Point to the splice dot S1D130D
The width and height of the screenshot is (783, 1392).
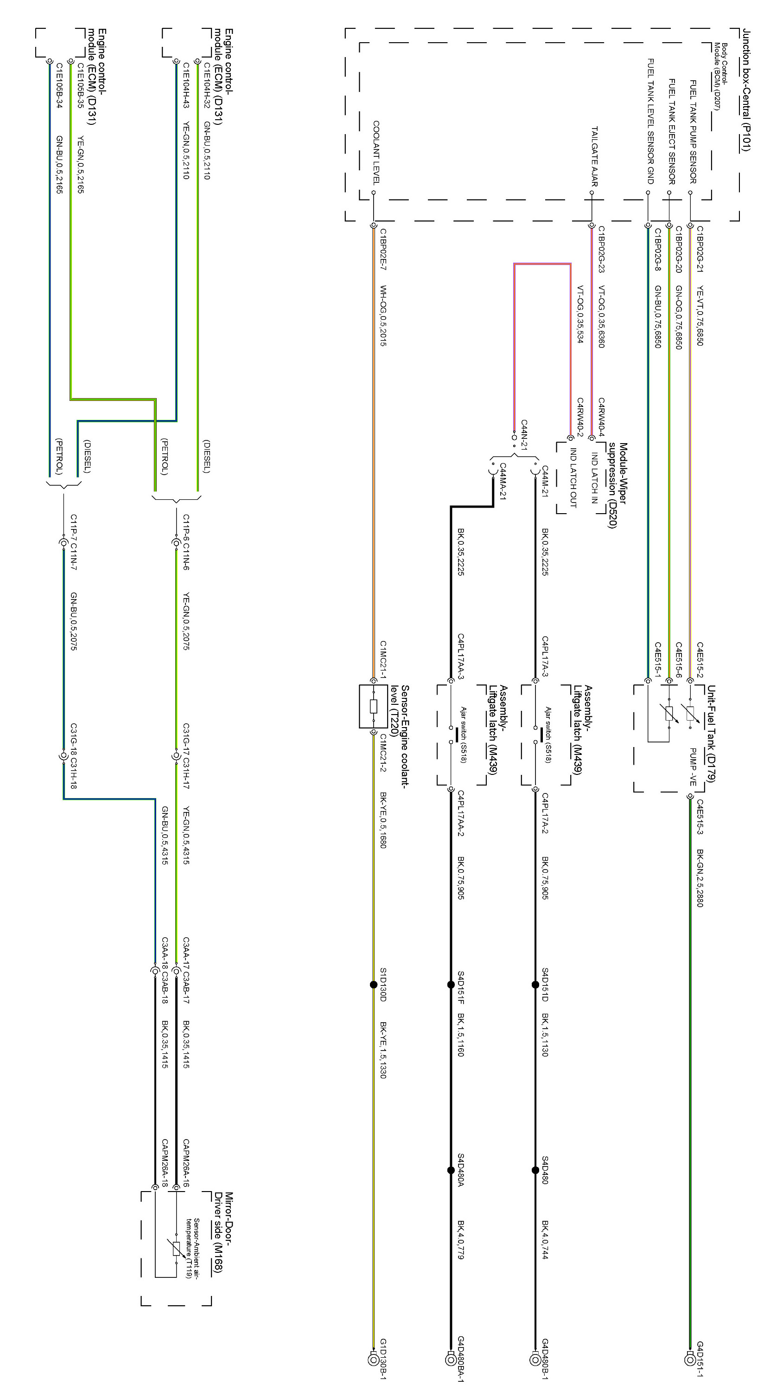pyautogui.click(x=373, y=985)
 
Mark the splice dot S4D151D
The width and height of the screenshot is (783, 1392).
pyautogui.click(x=535, y=985)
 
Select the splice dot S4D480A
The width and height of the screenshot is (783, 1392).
pyautogui.click(x=451, y=1170)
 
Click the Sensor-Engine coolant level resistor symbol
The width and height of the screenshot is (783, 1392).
pyautogui.click(x=373, y=706)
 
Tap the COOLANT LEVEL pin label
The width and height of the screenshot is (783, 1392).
pyautogui.click(x=376, y=152)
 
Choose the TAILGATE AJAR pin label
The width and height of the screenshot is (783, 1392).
pyautogui.click(x=594, y=156)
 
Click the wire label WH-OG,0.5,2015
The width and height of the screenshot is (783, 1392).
pyautogui.click(x=383, y=316)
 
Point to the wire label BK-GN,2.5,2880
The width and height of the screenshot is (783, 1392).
pyautogui.click(x=700, y=878)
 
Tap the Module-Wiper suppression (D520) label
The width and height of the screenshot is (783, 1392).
pyautogui.click(x=617, y=485)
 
